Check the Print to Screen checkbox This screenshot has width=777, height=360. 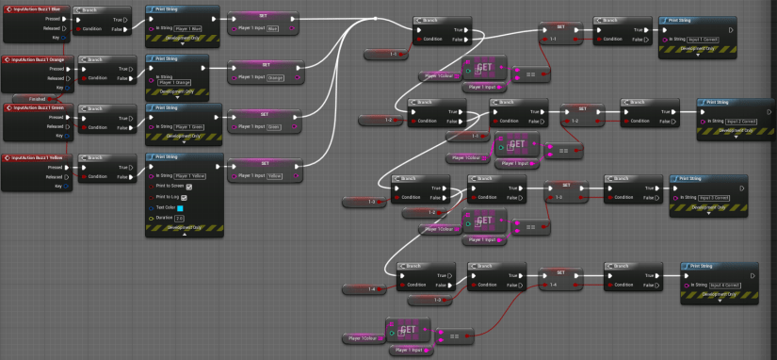tap(188, 187)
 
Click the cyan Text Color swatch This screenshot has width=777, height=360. tap(179, 207)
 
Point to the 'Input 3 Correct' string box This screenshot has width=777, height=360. tap(709, 195)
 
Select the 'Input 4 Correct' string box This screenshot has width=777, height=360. tap(721, 283)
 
